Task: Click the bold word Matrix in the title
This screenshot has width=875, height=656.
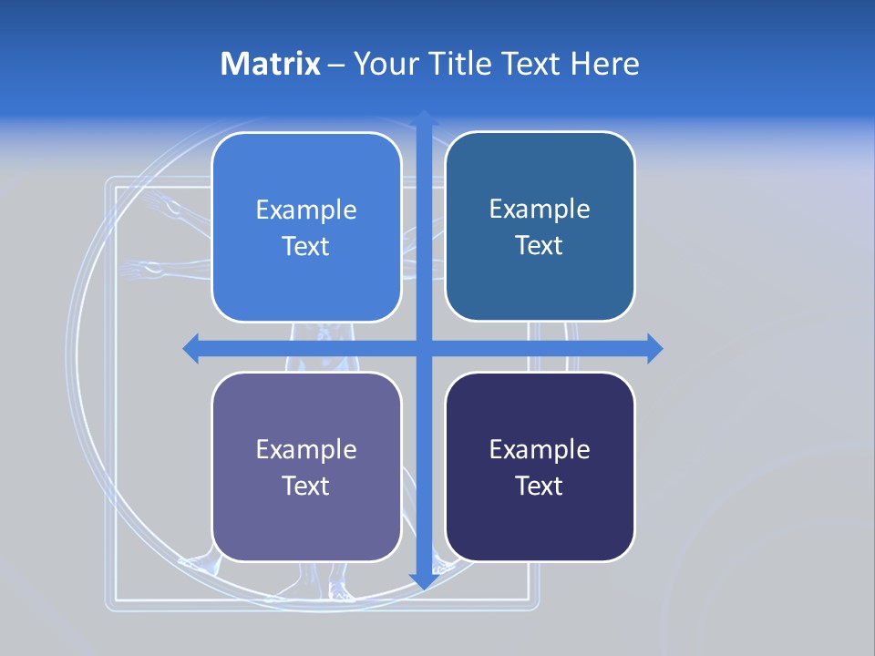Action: [270, 64]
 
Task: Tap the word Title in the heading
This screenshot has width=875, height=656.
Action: [461, 64]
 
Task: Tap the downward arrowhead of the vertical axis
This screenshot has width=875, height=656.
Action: [423, 579]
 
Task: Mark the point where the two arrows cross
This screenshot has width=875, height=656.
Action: [423, 348]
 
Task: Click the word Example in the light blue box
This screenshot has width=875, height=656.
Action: [306, 210]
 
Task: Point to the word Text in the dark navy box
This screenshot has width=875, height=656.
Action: [540, 486]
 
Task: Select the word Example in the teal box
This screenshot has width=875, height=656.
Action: [540, 210]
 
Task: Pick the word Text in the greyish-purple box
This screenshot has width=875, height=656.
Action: [306, 486]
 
